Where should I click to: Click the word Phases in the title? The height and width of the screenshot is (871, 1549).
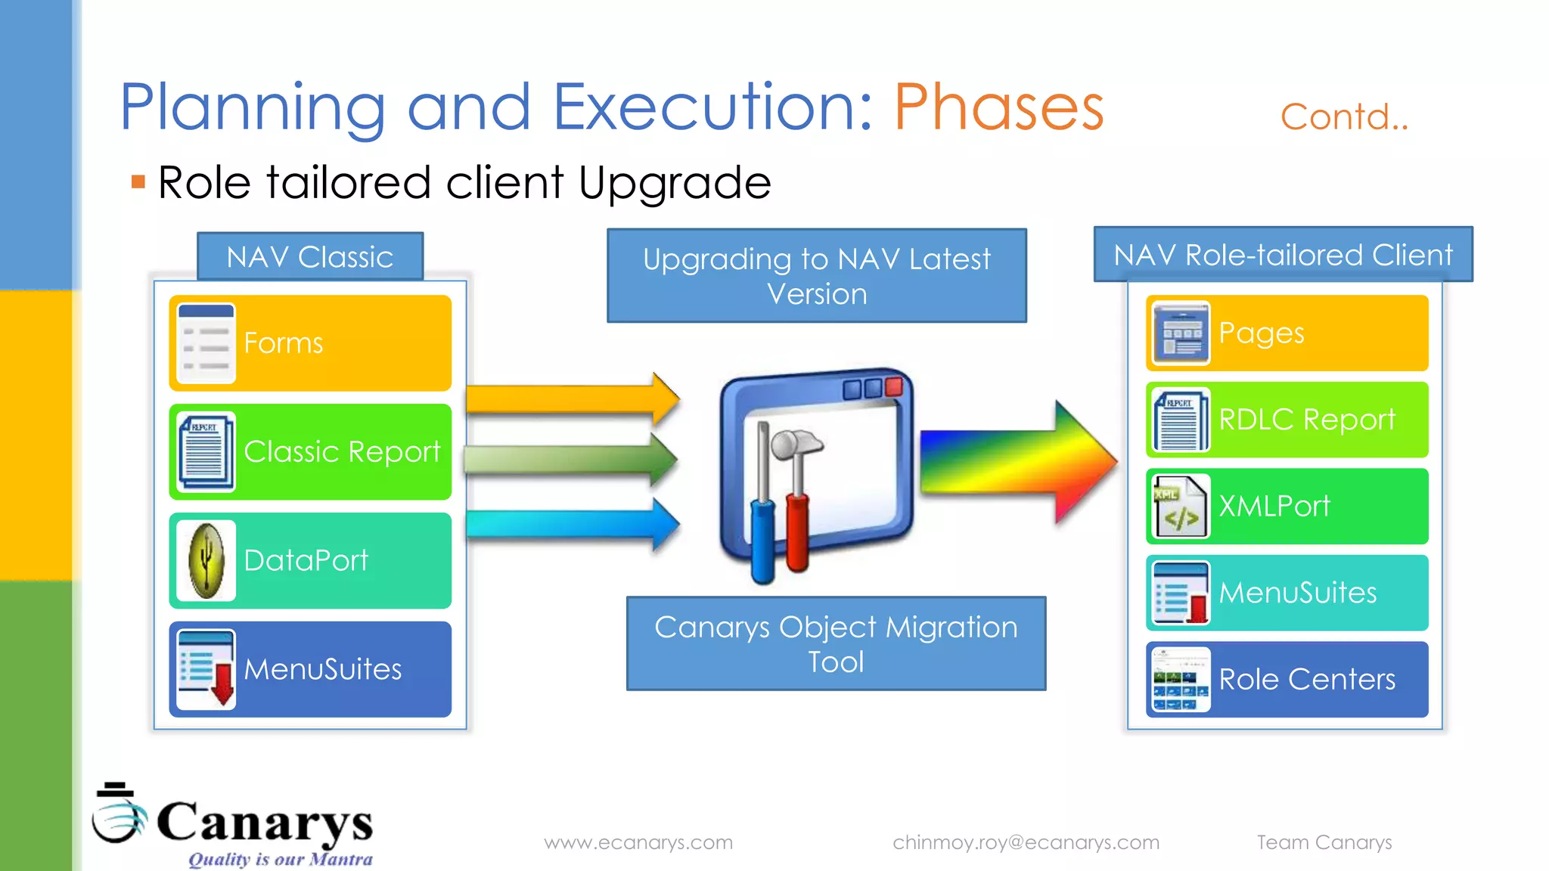tap(998, 107)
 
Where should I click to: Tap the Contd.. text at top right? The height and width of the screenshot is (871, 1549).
tap(1344, 117)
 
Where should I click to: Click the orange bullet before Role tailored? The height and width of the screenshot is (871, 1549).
tap(138, 181)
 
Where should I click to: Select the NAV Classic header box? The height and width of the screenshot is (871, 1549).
tap(310, 257)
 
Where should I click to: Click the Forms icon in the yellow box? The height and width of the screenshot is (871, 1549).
tap(206, 344)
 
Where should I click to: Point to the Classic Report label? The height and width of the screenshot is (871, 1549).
tap(342, 451)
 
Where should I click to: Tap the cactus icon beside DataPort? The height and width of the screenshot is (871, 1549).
tap(206, 561)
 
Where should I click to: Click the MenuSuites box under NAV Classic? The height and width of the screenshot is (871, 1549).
tap(310, 669)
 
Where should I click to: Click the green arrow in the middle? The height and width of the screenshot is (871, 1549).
tap(571, 459)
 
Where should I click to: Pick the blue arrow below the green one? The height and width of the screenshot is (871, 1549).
tap(571, 523)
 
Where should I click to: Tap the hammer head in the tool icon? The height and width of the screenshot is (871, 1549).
tap(798, 442)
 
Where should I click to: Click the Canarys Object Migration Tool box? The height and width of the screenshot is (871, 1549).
tap(836, 643)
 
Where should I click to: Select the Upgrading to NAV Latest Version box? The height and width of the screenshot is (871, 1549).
tap(817, 276)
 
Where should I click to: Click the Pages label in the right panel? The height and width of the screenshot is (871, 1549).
tap(1262, 333)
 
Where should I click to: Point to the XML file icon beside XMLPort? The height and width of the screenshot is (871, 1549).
tap(1180, 507)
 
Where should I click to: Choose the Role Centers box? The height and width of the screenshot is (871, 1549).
tap(1287, 679)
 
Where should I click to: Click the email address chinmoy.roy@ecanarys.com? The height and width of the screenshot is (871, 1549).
tap(1026, 842)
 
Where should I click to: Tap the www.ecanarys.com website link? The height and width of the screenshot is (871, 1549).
tap(638, 842)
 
